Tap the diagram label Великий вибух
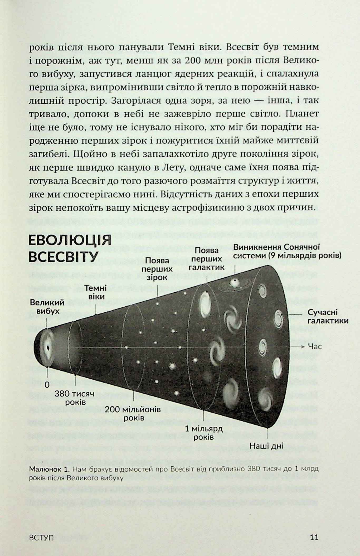coord(47,307)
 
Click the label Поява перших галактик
coord(207,259)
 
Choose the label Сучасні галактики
coord(328,316)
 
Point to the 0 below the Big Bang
coord(47,385)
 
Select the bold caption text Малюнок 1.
coord(49,469)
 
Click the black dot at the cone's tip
coord(48,348)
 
